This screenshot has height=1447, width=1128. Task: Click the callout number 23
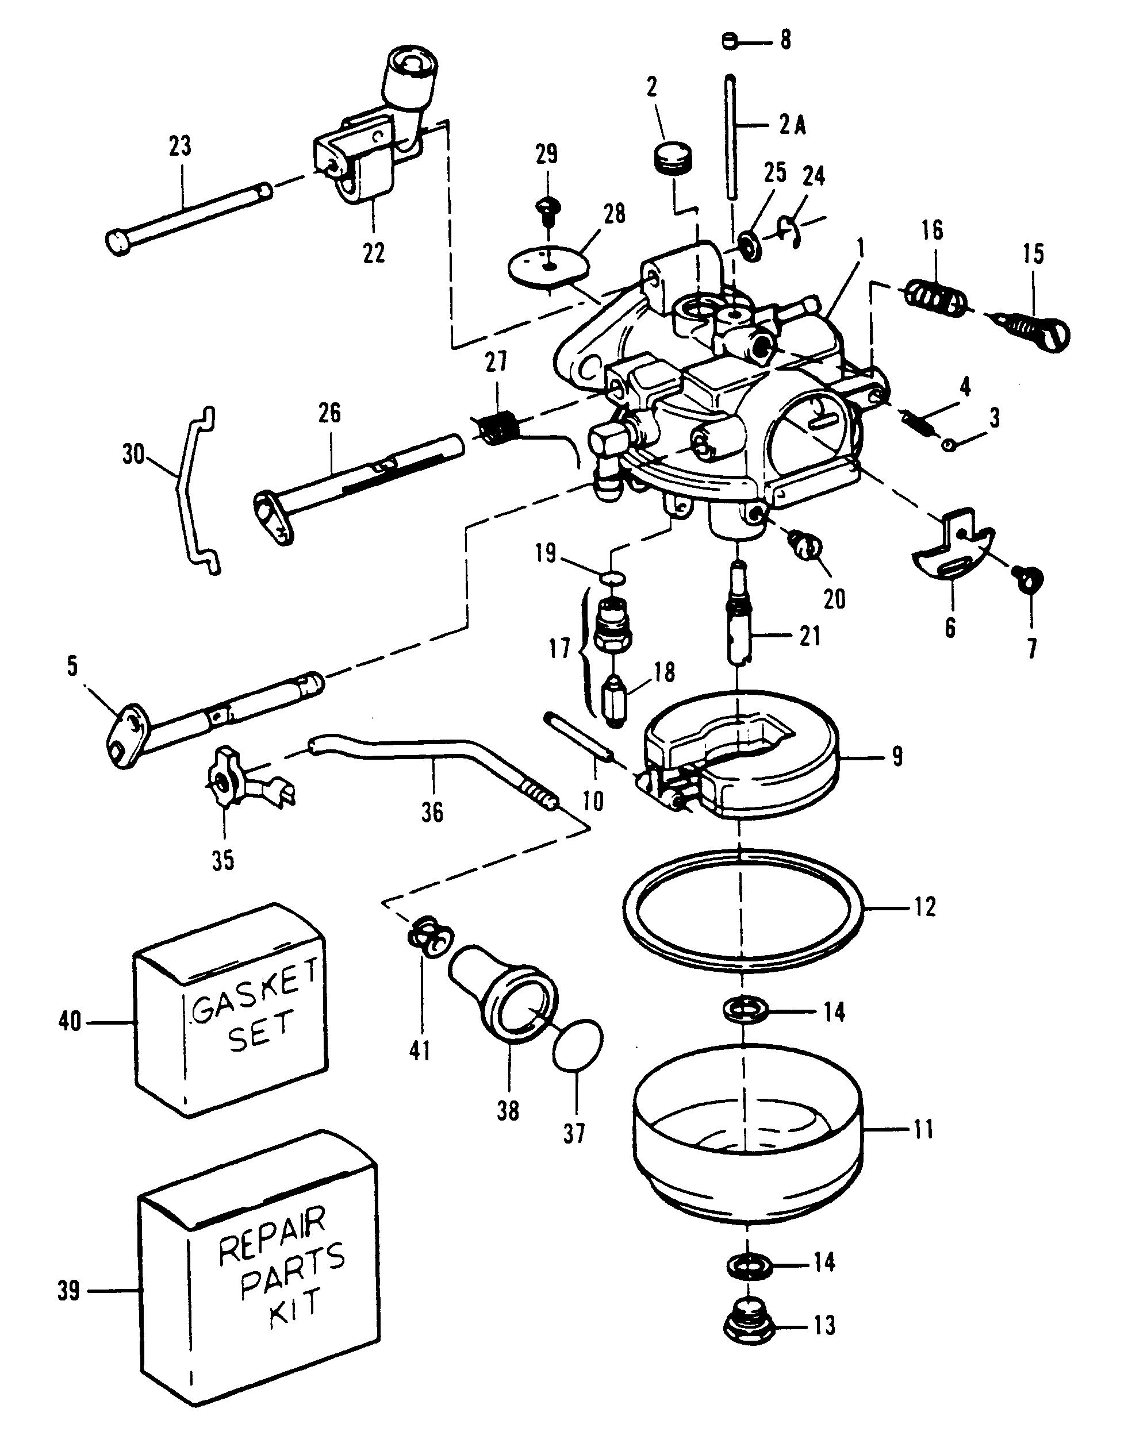tap(179, 146)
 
